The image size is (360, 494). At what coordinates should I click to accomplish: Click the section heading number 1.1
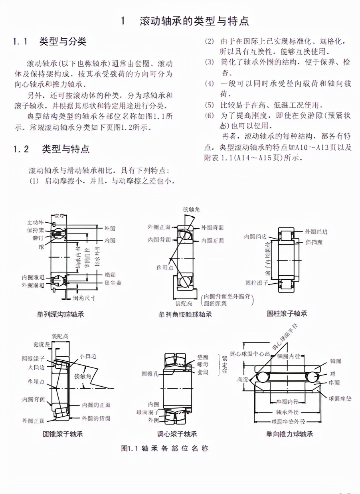(x=20, y=41)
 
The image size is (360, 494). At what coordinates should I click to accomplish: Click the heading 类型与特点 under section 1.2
(x=66, y=149)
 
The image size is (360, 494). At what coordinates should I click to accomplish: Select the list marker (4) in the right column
(x=209, y=84)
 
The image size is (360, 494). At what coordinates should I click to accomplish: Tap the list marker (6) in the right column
(x=209, y=115)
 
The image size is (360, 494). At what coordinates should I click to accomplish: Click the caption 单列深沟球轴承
(x=61, y=314)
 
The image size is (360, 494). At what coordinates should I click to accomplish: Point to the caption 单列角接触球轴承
(x=185, y=314)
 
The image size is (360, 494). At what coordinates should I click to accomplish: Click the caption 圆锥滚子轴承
(x=63, y=434)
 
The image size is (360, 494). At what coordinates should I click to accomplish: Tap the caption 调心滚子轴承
(x=177, y=434)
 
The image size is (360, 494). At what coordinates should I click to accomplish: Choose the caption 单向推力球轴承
(x=290, y=434)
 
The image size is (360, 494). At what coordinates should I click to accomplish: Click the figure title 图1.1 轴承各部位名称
(x=164, y=448)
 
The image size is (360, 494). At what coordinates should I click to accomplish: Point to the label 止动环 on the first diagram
(x=36, y=222)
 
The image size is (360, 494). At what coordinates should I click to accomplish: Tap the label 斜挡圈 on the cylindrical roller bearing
(x=314, y=242)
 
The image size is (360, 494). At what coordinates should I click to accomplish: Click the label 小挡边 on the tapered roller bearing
(x=87, y=356)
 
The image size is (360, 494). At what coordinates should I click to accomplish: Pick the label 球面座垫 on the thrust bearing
(x=340, y=398)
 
